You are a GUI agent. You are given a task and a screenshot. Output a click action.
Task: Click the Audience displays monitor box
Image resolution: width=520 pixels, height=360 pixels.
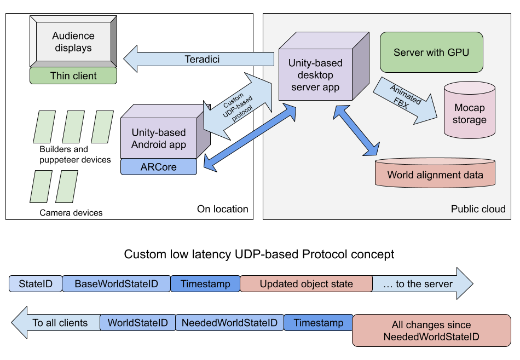(73, 42)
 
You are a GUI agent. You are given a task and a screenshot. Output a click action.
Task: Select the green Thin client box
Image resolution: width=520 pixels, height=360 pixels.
(73, 76)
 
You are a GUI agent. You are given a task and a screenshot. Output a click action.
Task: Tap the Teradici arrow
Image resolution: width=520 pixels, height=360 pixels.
(202, 59)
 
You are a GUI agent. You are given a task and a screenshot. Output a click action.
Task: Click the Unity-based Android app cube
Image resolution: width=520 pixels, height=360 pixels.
(159, 138)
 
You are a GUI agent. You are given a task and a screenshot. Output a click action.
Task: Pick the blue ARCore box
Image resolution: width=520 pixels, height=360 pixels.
(158, 167)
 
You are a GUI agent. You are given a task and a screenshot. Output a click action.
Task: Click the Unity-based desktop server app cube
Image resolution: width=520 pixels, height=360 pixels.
(315, 75)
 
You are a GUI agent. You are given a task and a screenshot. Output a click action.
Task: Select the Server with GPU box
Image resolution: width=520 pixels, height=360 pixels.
(431, 53)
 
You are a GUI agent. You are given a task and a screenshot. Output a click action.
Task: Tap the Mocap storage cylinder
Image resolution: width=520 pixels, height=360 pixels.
(469, 114)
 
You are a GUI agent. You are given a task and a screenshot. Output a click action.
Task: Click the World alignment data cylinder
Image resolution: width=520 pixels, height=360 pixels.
(435, 175)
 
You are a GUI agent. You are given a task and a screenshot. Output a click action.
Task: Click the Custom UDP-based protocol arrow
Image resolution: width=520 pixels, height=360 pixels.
(237, 107)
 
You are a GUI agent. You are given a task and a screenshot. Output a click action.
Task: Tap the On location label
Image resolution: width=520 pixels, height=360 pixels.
(222, 209)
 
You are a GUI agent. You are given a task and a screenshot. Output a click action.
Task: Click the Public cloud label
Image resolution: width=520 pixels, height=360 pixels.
(478, 209)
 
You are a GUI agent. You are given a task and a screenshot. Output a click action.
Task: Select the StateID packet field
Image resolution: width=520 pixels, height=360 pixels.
(36, 284)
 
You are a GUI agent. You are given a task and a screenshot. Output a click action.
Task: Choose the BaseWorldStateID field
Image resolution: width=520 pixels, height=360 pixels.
(116, 284)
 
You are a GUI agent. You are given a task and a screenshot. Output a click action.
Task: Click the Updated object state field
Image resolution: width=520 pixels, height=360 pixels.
(306, 284)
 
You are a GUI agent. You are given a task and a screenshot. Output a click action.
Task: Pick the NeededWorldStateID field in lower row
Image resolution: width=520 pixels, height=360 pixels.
(229, 323)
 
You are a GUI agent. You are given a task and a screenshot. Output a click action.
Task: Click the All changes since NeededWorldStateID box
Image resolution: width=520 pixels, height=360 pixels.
(431, 330)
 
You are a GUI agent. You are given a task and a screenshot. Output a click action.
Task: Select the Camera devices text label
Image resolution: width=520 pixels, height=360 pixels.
(71, 213)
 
